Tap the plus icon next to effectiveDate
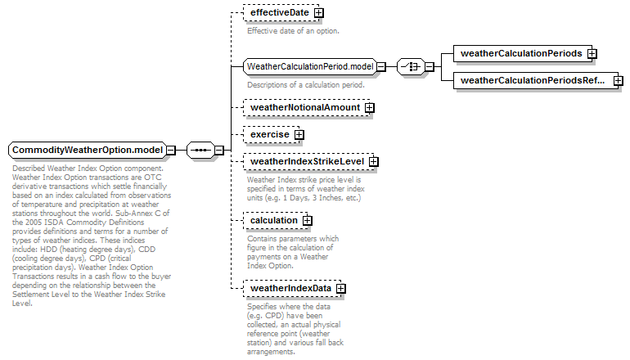click(318, 13)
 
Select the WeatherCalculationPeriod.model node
click(310, 66)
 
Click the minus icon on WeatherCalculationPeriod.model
click(381, 67)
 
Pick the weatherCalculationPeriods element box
click(523, 53)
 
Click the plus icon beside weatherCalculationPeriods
click(592, 53)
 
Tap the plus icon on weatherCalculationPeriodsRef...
click(619, 81)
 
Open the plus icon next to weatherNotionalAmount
click(369, 108)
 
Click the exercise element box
click(271, 134)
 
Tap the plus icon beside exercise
click(299, 135)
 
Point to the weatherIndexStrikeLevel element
click(308, 161)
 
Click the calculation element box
click(275, 220)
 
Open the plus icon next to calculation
click(307, 221)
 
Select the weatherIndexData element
click(292, 288)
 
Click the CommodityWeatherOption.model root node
click(88, 150)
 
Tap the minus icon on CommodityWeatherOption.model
click(171, 151)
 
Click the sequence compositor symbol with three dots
click(200, 151)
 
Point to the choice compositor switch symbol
click(411, 67)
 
